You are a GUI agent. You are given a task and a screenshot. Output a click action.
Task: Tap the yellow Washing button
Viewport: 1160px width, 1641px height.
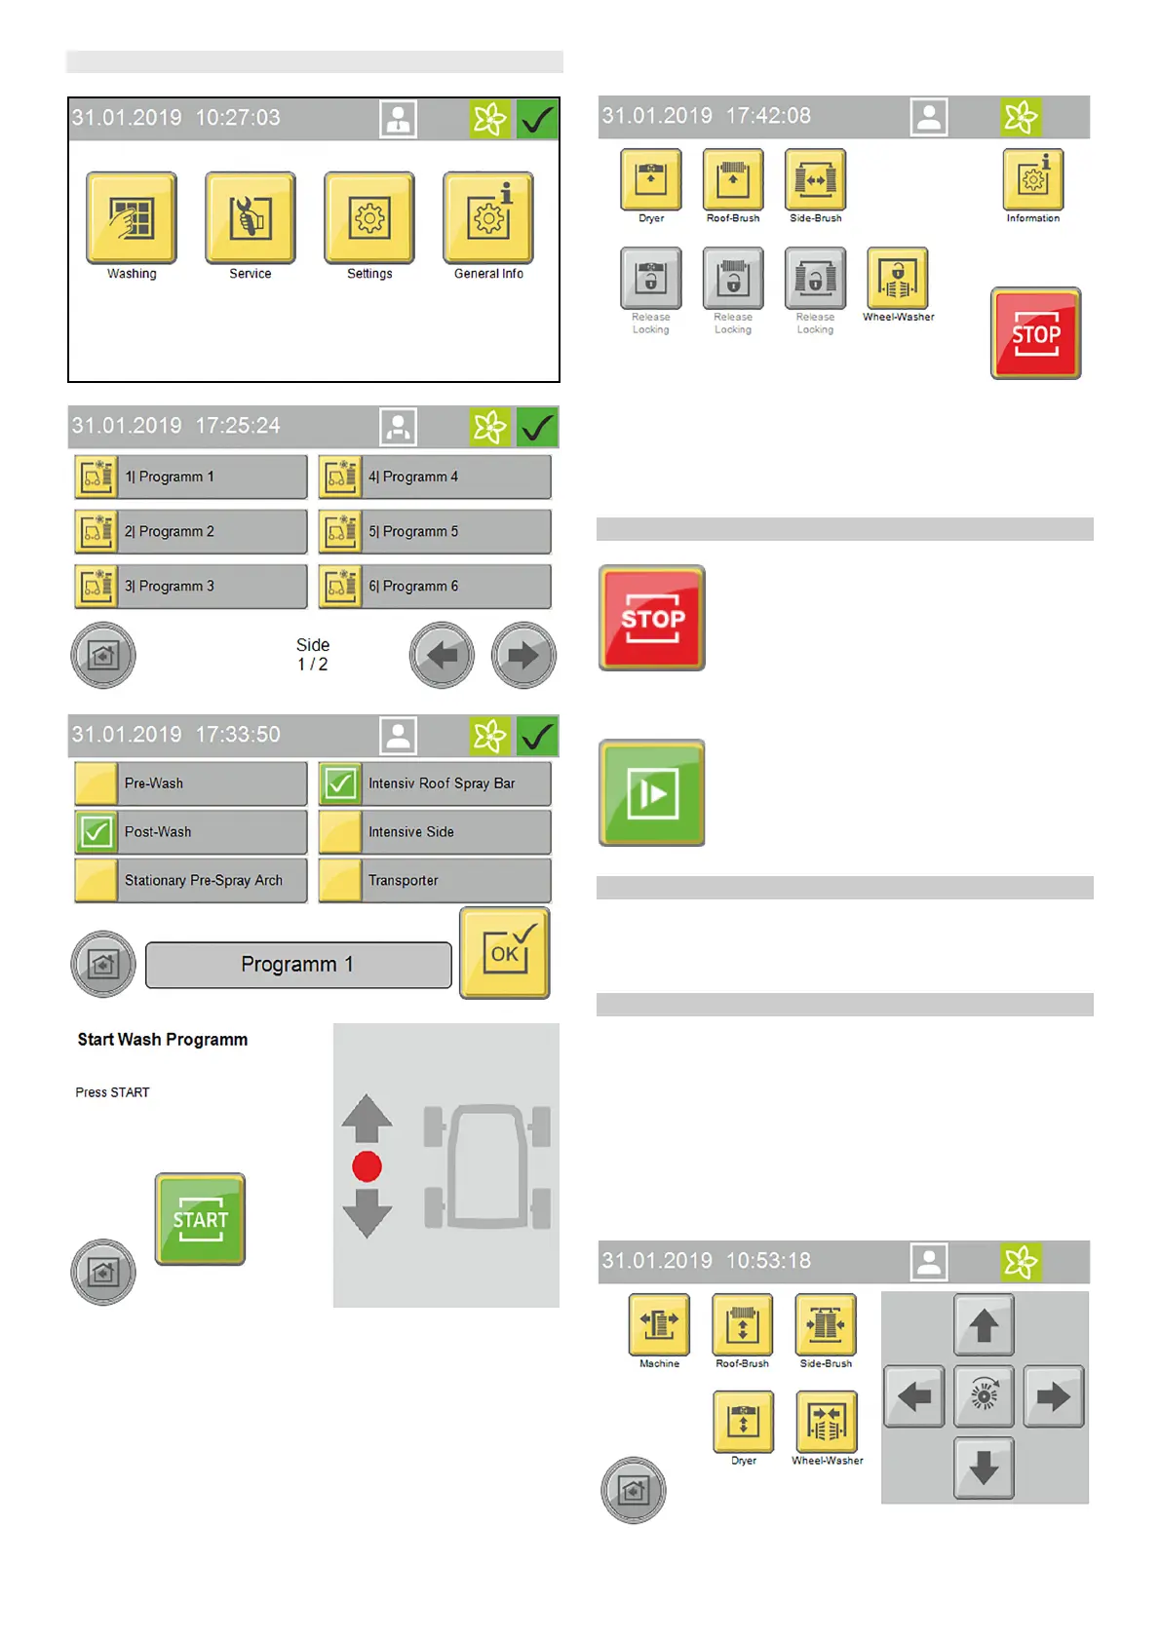tap(132, 218)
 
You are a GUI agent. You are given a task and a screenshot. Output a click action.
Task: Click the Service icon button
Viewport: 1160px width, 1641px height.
tap(251, 218)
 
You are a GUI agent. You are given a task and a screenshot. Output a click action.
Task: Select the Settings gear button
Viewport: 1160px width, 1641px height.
tap(369, 218)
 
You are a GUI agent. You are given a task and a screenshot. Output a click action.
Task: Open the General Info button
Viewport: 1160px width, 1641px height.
tap(488, 218)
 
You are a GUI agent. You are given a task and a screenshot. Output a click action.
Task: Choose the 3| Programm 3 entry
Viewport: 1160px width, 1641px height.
tap(191, 587)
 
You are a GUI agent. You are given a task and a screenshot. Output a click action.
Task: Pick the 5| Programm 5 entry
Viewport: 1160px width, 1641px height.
tap(435, 532)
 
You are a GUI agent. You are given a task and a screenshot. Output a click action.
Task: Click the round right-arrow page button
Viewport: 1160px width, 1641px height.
tap(523, 655)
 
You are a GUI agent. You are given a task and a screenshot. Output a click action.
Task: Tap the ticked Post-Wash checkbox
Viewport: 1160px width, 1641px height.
tap(97, 832)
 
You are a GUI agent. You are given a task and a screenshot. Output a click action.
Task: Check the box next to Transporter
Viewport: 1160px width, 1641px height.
tap(340, 881)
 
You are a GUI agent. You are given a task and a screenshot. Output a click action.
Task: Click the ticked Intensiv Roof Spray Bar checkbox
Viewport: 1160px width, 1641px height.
tap(340, 783)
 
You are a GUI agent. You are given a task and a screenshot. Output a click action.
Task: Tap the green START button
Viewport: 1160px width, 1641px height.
tap(200, 1219)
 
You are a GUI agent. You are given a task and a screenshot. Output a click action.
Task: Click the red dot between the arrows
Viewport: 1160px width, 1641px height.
tap(367, 1166)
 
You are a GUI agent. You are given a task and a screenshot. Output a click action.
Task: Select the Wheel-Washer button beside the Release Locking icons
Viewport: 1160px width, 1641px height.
tap(898, 278)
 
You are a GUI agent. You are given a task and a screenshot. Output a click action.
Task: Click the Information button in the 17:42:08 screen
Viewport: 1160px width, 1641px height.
tap(1033, 179)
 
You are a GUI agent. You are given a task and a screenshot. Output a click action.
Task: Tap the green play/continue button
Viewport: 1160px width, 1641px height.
tap(652, 793)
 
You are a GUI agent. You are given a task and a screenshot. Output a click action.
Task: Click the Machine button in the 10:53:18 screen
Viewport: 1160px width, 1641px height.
tap(659, 1324)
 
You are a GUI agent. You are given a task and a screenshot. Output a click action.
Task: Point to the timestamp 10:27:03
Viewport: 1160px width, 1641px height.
tap(238, 118)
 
